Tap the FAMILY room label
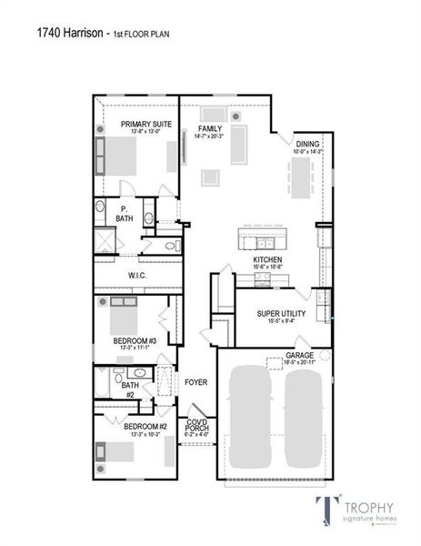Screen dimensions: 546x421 coord(210,130)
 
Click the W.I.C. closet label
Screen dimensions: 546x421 coord(137,275)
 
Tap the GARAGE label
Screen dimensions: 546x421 coord(300,356)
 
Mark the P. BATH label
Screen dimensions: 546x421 coord(124,214)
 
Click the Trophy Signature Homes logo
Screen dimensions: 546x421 coord(358,511)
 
